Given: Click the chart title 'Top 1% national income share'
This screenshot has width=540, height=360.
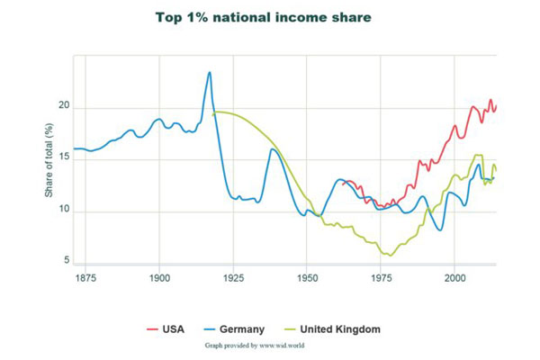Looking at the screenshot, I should (x=263, y=18).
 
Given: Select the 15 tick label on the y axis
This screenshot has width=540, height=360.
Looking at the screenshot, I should (x=64, y=159).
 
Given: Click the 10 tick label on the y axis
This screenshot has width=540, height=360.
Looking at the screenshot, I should (x=64, y=211).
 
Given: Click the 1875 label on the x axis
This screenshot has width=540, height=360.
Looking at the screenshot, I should (x=85, y=279).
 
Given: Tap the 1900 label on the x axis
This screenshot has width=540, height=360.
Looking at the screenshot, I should (x=159, y=279).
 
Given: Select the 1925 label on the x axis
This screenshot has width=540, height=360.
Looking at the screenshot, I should (x=233, y=279).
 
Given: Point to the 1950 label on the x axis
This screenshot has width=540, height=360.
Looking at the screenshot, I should (x=307, y=279).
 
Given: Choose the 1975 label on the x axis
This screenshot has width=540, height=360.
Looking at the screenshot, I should (x=381, y=279).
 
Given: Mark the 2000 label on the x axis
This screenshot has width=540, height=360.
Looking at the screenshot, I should (x=454, y=279).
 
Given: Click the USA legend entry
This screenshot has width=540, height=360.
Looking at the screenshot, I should (x=173, y=329).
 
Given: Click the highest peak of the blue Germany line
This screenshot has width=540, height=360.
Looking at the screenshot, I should (x=210, y=72).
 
